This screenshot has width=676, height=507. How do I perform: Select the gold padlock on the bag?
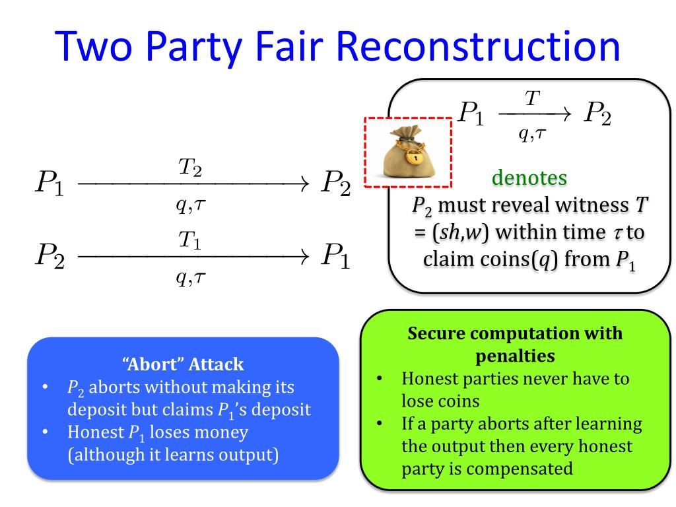[413, 157]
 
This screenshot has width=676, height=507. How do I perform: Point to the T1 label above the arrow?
[190, 242]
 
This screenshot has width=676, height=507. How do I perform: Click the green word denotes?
[529, 178]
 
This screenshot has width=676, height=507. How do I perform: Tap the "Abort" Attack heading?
[183, 364]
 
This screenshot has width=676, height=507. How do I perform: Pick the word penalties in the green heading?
[515, 356]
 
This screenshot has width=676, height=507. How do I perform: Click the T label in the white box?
[531, 98]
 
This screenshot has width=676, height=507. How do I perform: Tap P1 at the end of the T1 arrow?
[335, 256]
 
